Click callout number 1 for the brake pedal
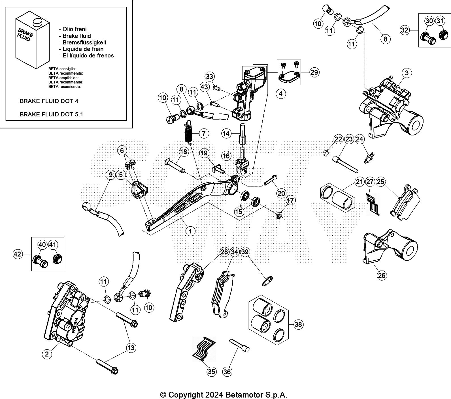pyautogui.click(x=190, y=231)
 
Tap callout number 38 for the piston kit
pyautogui.click(x=298, y=325)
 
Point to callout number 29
pyautogui.click(x=314, y=72)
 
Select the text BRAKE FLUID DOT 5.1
pyautogui.click(x=51, y=114)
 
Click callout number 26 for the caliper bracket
pyautogui.click(x=382, y=275)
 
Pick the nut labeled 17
pyautogui.click(x=278, y=215)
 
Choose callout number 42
pyautogui.click(x=18, y=254)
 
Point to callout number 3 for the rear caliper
pyautogui.click(x=407, y=73)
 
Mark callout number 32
pyautogui.click(x=405, y=30)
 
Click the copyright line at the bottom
pyautogui.click(x=224, y=394)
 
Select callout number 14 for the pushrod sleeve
pyautogui.click(x=226, y=133)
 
